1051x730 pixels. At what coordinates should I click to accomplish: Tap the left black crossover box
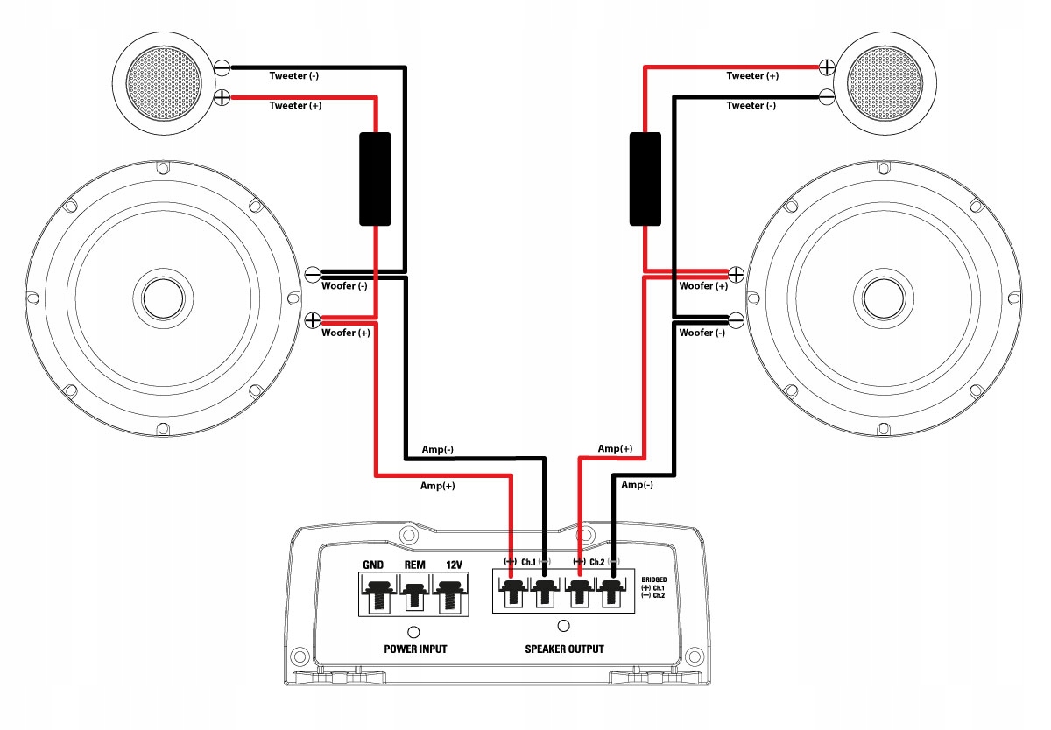[x=374, y=179]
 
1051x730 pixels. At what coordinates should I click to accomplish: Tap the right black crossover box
[x=645, y=179]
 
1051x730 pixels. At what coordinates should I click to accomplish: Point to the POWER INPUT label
[x=415, y=649]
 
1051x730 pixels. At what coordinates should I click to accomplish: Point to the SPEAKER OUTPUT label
[x=564, y=649]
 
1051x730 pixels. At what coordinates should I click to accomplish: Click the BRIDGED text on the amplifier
[x=653, y=580]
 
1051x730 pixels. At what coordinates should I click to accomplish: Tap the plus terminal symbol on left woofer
[x=313, y=321]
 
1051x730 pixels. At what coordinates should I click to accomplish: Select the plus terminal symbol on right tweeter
[x=825, y=67]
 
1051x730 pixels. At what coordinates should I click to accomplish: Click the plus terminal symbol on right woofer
[x=737, y=274]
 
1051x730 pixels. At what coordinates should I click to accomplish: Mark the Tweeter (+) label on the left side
[x=293, y=106]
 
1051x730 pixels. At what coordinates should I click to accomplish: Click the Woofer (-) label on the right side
[x=703, y=333]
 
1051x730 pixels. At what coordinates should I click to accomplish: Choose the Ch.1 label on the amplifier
[x=528, y=561]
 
